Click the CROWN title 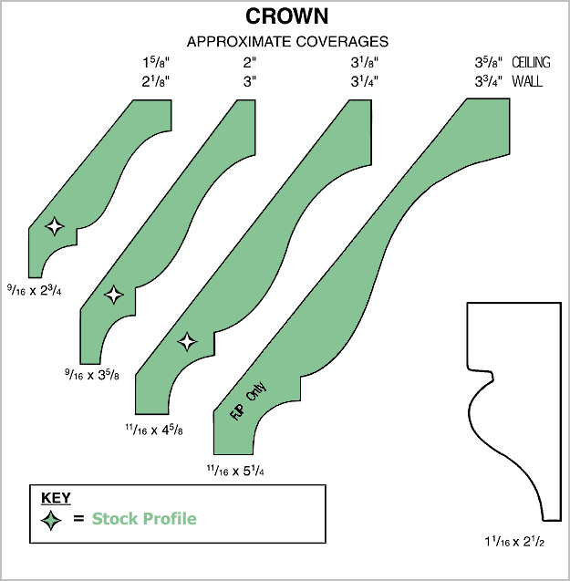(287, 17)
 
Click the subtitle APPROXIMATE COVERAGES (287, 41)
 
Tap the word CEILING (532, 62)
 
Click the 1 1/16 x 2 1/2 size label (516, 542)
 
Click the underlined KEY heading (56, 498)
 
